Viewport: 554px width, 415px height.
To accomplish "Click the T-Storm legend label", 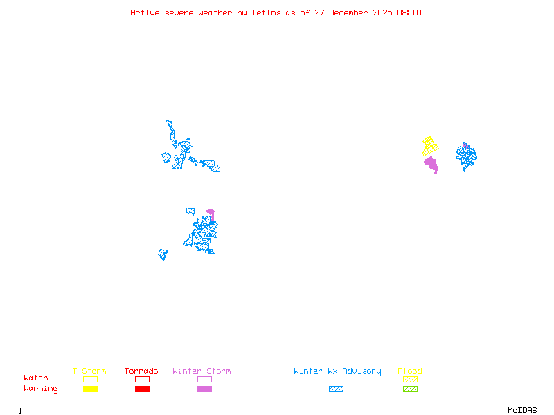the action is (89, 371).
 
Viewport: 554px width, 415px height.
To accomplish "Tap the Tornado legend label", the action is (141, 371).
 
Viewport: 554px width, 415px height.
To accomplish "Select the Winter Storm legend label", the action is (202, 371).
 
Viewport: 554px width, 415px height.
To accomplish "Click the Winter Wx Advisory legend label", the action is (337, 371).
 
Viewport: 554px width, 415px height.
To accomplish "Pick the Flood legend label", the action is (410, 371).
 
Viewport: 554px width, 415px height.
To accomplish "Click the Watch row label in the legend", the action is (36, 378).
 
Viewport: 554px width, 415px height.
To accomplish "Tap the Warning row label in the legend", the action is (41, 389).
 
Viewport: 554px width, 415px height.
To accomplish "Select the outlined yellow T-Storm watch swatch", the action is (90, 379).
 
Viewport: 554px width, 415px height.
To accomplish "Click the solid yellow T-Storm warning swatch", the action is (90, 389).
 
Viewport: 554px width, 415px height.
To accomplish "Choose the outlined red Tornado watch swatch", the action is (142, 379).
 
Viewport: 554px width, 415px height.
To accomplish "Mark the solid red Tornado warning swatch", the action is (142, 389).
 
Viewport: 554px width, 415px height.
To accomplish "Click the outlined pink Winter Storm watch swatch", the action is (204, 379).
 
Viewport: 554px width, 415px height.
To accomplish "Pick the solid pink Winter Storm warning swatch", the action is (204, 389).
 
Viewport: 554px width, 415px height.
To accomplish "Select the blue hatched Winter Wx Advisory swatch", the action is (336, 389).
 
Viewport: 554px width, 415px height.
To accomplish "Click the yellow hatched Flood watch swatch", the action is (410, 379).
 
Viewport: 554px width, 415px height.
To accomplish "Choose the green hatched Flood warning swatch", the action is (410, 389).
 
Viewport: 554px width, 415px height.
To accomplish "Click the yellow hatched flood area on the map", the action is (430, 146).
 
